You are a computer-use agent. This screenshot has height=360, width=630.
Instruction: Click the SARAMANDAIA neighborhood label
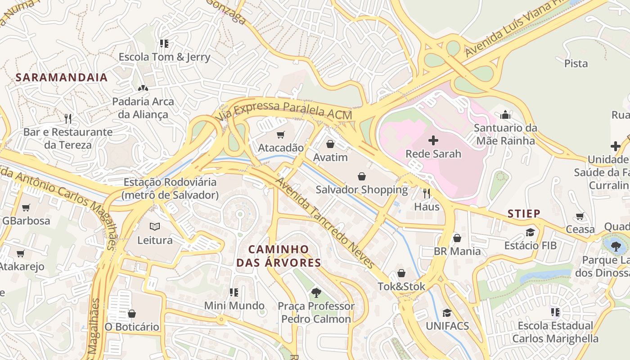pyautogui.click(x=62, y=77)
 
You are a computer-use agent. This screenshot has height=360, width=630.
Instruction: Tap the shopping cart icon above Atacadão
pyautogui.click(x=281, y=135)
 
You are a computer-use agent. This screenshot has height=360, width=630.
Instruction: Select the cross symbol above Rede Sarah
pyautogui.click(x=433, y=140)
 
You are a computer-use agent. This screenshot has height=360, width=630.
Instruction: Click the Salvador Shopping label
pyautogui.click(x=362, y=189)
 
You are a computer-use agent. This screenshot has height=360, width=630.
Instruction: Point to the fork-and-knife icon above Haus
pyautogui.click(x=427, y=193)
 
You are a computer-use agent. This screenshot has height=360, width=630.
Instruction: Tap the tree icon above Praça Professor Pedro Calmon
pyautogui.click(x=316, y=292)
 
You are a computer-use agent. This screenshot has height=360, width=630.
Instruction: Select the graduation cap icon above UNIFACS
pyautogui.click(x=447, y=313)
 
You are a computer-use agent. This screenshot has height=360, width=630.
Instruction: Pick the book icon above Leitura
pyautogui.click(x=155, y=227)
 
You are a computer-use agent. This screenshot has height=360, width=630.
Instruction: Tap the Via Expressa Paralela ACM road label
pyautogui.click(x=284, y=110)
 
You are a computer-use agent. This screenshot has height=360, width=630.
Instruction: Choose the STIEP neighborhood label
pyautogui.click(x=524, y=214)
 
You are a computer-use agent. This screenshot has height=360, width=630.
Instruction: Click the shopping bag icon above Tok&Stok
pyautogui.click(x=401, y=273)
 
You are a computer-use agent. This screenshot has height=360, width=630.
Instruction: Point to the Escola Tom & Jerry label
pyautogui.click(x=164, y=57)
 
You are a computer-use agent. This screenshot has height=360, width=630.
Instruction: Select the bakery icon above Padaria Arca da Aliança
pyautogui.click(x=143, y=88)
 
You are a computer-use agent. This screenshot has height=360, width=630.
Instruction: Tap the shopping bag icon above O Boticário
pyautogui.click(x=132, y=313)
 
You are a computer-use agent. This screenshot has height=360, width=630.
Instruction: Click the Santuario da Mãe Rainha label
pyautogui.click(x=505, y=134)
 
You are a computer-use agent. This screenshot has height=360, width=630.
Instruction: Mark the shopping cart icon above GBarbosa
pyautogui.click(x=26, y=207)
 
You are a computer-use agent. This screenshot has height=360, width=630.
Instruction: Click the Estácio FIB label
pyautogui.click(x=530, y=245)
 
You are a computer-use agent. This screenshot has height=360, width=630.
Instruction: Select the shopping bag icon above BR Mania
pyautogui.click(x=457, y=238)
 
